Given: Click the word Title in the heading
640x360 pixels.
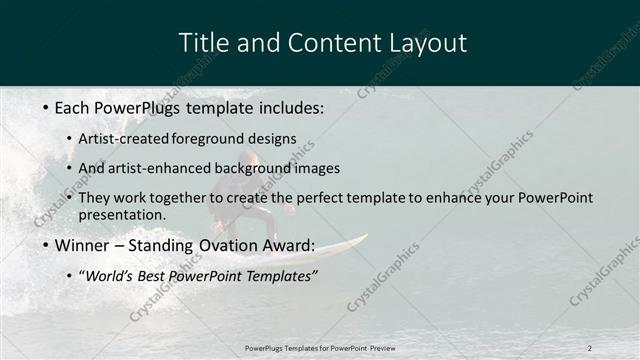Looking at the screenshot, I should click(202, 43).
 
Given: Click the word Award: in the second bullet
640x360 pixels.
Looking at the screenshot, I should click(290, 246).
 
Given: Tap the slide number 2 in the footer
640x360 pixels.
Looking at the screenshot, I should click(590, 347).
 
